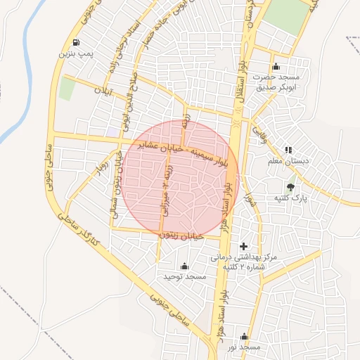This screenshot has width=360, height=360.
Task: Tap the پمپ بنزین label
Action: [x=75, y=53]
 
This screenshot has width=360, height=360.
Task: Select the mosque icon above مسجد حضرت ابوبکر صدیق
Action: [x=275, y=66]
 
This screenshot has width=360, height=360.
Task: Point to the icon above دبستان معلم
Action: [x=288, y=150]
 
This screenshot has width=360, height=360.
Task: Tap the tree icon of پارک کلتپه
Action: [x=290, y=187]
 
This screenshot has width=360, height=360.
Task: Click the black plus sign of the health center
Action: [x=244, y=246]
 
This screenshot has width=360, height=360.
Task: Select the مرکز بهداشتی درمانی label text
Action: [x=245, y=257]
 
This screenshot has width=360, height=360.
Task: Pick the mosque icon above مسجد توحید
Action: [x=184, y=266]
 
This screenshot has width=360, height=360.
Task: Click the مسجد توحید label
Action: [x=185, y=277]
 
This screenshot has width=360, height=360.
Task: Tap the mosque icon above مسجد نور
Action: [x=244, y=337]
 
